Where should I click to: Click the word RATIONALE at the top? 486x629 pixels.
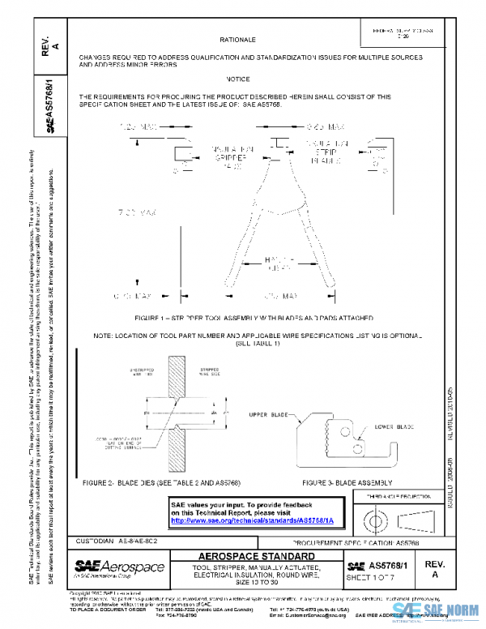click(237, 39)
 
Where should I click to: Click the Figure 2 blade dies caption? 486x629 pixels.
click(161, 482)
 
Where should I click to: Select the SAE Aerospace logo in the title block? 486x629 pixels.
click(119, 566)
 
